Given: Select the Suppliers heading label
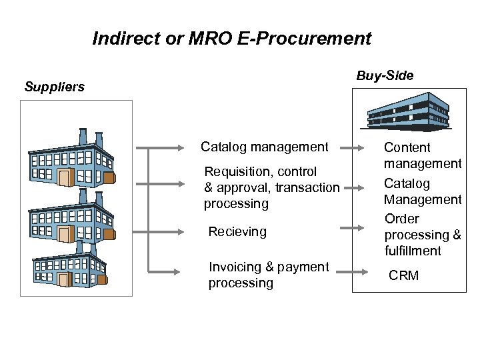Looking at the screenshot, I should click(55, 87).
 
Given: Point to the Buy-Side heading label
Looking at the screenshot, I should click(385, 75).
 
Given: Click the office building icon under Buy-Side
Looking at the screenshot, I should click(409, 110).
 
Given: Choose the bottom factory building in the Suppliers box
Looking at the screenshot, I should click(70, 265).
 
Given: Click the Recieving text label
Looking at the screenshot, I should click(237, 232).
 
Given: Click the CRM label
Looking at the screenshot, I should click(404, 275).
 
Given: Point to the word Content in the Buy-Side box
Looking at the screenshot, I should click(407, 147).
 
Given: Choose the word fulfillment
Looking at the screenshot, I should click(413, 251).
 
